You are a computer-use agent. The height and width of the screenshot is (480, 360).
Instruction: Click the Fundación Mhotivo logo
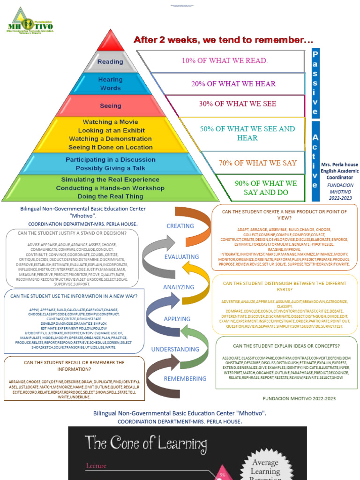pos(31,21)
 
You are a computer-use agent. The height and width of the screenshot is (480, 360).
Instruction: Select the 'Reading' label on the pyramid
pos(110,62)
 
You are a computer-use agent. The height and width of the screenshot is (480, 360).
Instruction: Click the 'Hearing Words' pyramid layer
pos(110,84)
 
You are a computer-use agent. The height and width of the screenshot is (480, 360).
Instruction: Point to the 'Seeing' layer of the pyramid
pos(110,106)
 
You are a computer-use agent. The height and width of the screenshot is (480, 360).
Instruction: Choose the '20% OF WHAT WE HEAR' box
pos(233,84)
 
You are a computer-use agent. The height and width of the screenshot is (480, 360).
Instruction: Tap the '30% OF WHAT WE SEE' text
pos(237,104)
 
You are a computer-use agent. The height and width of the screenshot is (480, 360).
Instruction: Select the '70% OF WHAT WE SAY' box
pos(257,163)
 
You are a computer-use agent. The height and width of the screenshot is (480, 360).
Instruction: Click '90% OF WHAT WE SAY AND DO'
pos(266,187)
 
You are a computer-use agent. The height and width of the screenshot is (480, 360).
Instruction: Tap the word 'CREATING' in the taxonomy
pos(180,226)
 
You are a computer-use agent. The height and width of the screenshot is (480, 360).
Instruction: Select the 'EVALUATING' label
pos(181,257)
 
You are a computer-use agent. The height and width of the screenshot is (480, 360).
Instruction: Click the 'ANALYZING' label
pos(178,287)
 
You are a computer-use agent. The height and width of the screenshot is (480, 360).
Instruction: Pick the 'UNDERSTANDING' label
pos(175,349)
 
